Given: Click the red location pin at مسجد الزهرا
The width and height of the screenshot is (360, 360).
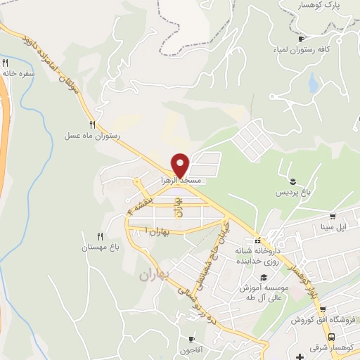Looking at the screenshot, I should pyautogui.click(x=181, y=165).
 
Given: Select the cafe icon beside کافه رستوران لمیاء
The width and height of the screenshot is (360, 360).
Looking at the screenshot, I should pyautogui.click(x=302, y=39).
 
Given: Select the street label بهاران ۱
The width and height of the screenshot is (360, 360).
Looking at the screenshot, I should pyautogui.click(x=156, y=230).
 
